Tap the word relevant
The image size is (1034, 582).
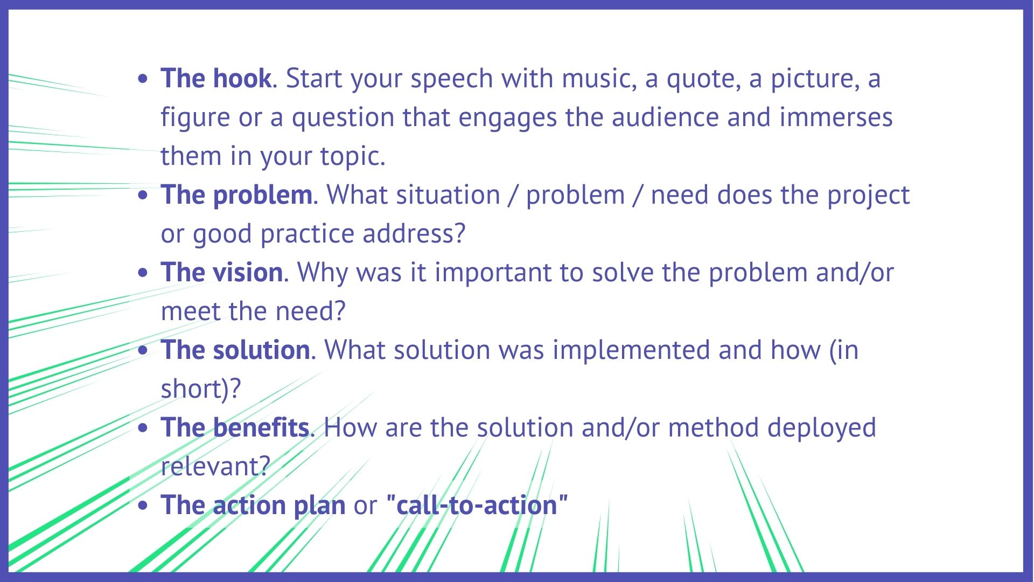[x=215, y=467]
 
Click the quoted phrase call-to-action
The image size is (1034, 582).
[x=477, y=505]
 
